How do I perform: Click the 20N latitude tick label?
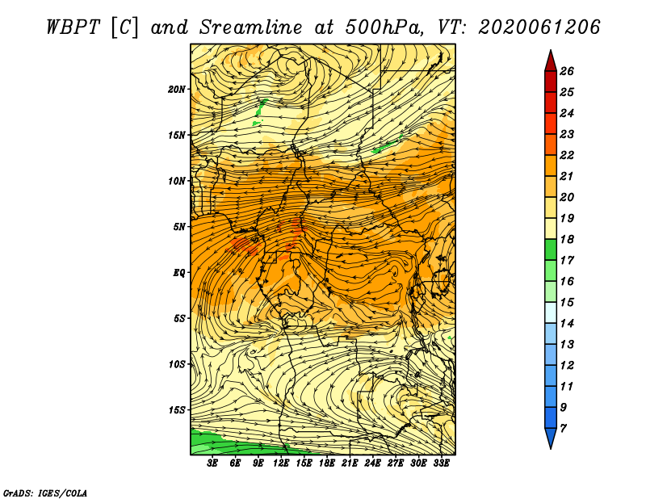coord(176,90)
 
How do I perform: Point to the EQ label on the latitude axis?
coord(179,273)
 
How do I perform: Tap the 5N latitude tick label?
coord(179,227)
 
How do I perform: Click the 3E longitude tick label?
coord(212,463)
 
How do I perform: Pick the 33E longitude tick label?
coord(441,463)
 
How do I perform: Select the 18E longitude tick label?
coord(327,463)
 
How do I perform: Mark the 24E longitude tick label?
coord(372,463)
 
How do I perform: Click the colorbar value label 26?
coord(567,71)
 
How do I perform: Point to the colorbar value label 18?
coord(567,239)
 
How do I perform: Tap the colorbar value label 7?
coord(563,429)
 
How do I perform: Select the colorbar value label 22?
coord(567,155)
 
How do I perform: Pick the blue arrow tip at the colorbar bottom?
coord(551,448)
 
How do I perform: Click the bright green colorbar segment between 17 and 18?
coord(551,249)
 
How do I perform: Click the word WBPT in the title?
coord(73,27)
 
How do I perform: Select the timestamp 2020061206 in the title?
coord(539,27)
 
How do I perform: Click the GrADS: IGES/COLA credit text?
coord(45,493)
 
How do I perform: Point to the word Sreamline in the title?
coord(251,27)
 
